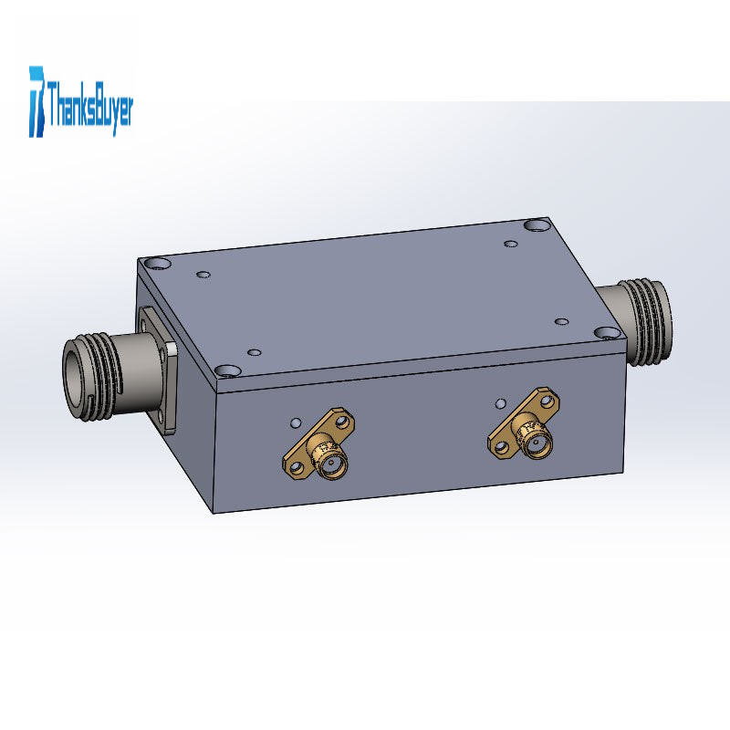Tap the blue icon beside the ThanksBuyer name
(x=37, y=101)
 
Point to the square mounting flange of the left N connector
(x=157, y=370)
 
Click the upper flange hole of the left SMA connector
(x=344, y=422)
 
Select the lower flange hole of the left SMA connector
(x=295, y=466)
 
